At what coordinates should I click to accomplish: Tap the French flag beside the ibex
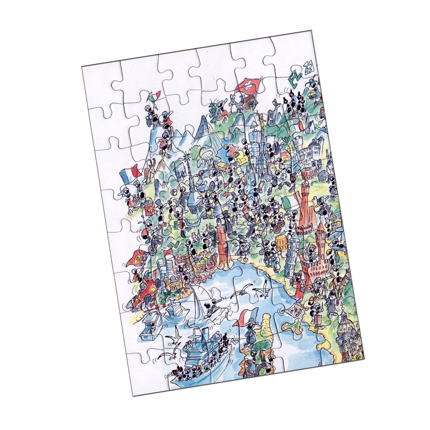[129, 175]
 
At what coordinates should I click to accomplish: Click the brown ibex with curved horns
[150, 171]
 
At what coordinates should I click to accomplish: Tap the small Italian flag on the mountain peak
[154, 97]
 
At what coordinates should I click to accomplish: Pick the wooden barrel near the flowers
[186, 259]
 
